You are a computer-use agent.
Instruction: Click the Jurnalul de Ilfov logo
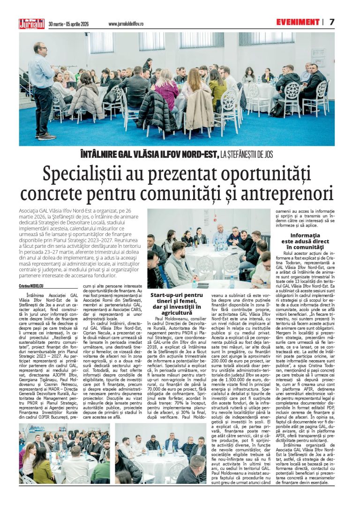click(x=31, y=23)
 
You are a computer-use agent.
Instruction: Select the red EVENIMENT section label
click(x=297, y=22)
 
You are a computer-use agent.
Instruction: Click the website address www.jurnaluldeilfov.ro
click(x=126, y=24)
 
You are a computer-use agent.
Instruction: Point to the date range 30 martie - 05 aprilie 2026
click(x=68, y=24)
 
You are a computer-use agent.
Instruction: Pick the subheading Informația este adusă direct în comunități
click(x=305, y=240)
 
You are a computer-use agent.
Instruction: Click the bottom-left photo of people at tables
click(x=64, y=453)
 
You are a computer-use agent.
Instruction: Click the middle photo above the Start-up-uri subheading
click(x=209, y=248)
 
